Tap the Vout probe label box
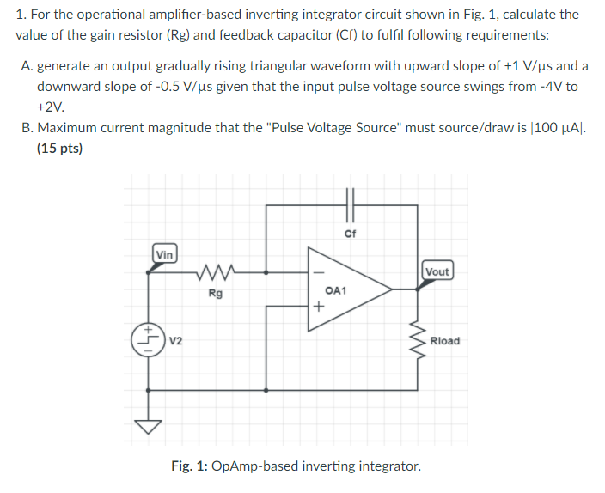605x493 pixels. tap(437, 271)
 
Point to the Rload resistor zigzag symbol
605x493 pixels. tap(419, 341)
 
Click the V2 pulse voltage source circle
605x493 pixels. tap(149, 338)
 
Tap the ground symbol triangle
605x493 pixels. tap(150, 426)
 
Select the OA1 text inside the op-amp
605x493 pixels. tap(337, 291)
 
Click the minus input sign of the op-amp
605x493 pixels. tap(319, 274)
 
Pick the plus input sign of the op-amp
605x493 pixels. tap(319, 305)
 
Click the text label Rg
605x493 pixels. tap(215, 294)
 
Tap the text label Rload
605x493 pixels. tap(444, 341)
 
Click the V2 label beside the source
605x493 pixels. tap(176, 341)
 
